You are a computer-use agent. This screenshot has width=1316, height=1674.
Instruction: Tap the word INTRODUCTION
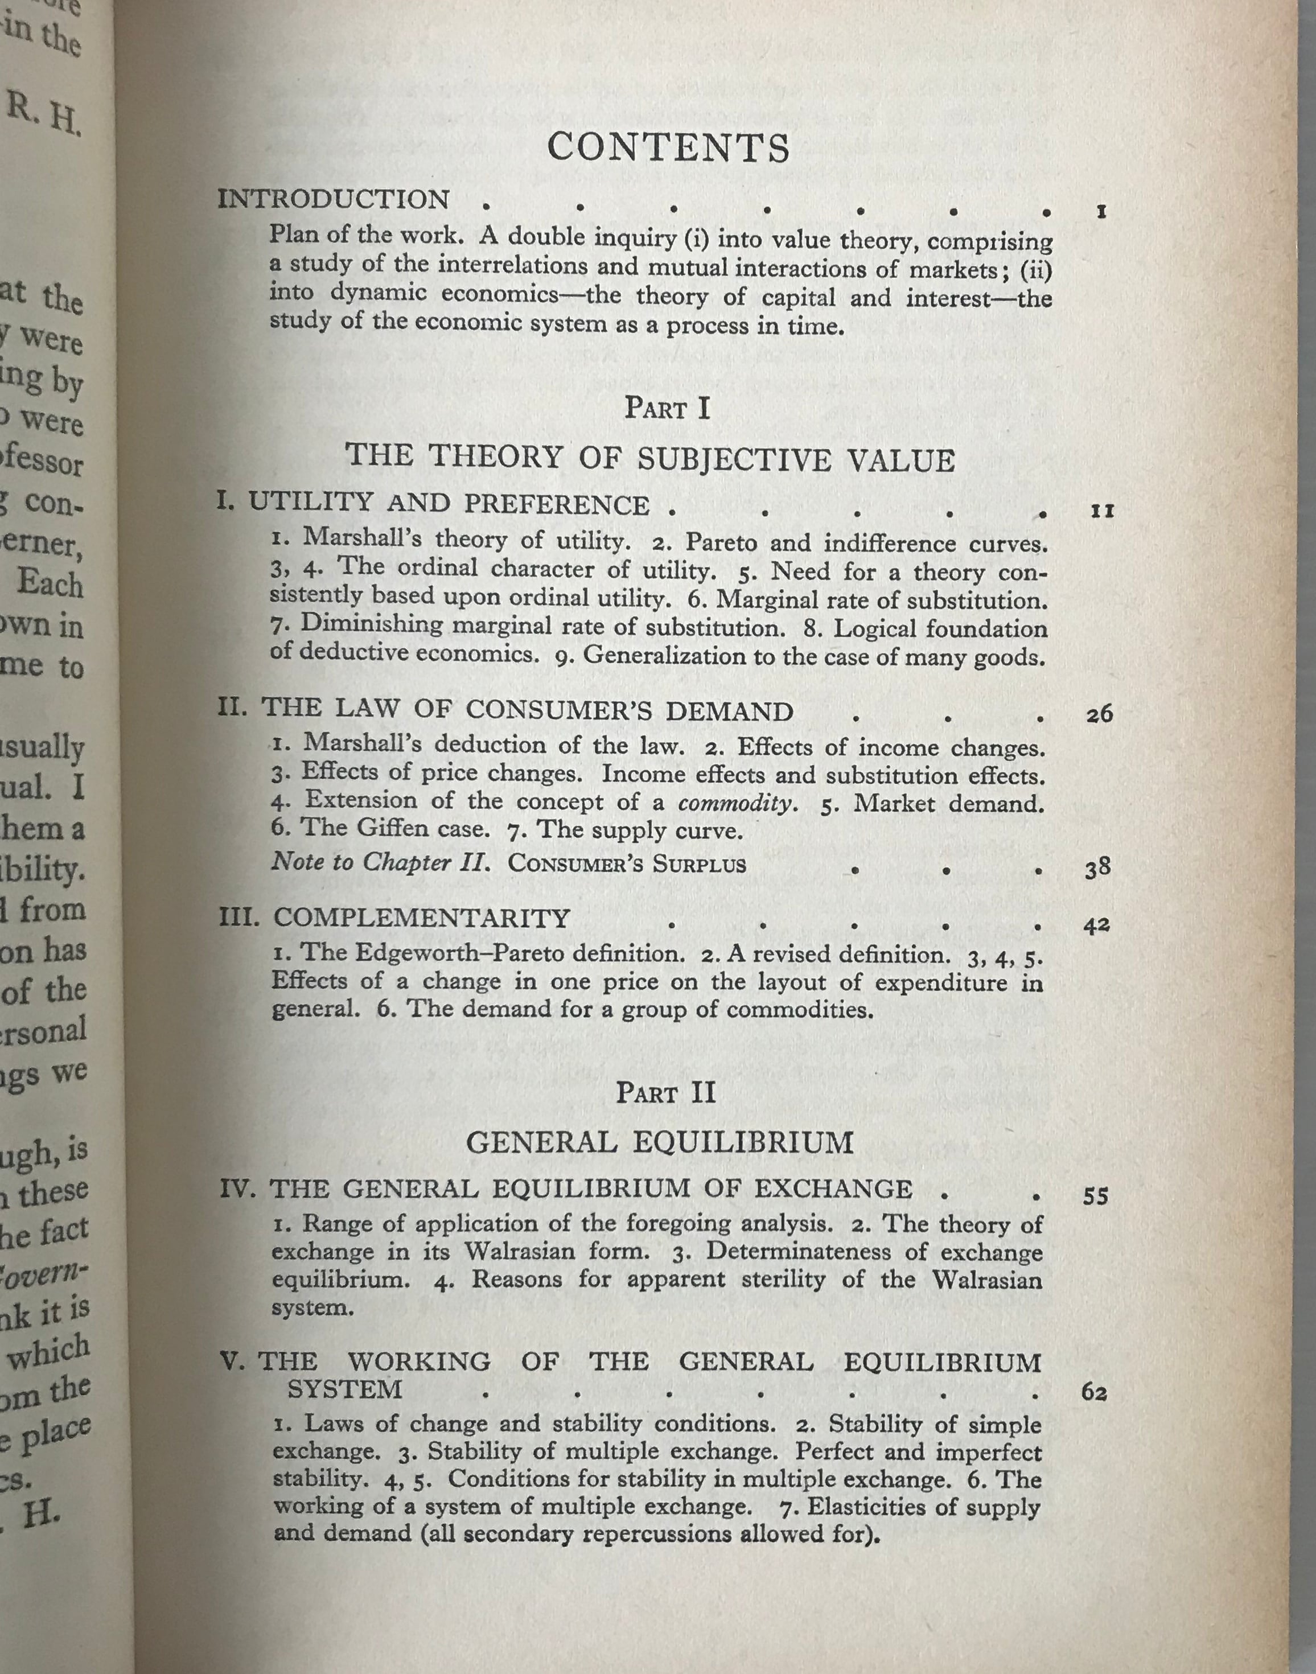(333, 200)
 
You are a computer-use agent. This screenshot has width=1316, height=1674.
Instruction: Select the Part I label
(667, 408)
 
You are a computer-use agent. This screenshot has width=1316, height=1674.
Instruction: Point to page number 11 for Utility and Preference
(1103, 511)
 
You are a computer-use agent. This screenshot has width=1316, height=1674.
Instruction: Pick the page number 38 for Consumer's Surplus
(1097, 868)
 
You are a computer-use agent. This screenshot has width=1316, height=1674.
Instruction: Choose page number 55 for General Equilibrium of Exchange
(1096, 1196)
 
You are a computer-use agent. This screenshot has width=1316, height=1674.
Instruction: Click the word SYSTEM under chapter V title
(344, 1389)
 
